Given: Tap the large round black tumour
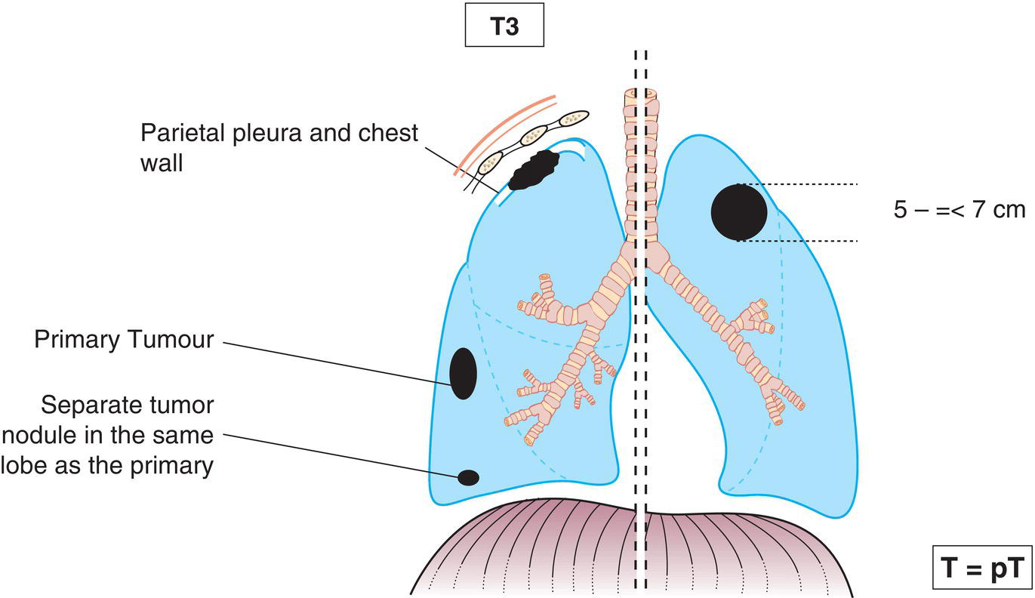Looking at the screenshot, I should pyautogui.click(x=738, y=212).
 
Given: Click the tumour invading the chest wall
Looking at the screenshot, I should pyautogui.click(x=533, y=170).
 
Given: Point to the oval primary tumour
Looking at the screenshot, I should pyautogui.click(x=463, y=373).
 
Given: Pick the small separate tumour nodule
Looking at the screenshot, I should pyautogui.click(x=469, y=477).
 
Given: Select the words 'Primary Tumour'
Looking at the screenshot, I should pyautogui.click(x=124, y=340).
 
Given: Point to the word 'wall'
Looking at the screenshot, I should pyautogui.click(x=161, y=162).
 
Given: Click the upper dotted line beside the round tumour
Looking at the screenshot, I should pyautogui.click(x=808, y=183).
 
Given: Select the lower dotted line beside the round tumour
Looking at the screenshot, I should pyautogui.click(x=808, y=241).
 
